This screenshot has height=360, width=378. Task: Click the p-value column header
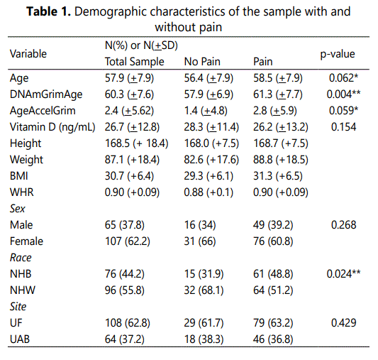point(338,54)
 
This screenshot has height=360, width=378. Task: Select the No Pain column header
point(202,62)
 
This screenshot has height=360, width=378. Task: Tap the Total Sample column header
point(135,62)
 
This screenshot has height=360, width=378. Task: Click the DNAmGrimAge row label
point(46,94)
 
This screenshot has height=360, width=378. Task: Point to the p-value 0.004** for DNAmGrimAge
point(343,94)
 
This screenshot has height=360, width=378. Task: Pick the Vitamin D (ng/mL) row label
point(52,127)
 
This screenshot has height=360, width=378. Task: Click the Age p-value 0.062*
point(343,78)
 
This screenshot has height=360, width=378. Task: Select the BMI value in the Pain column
point(278,176)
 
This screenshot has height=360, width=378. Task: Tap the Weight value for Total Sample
point(132,160)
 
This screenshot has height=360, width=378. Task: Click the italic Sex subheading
point(17,209)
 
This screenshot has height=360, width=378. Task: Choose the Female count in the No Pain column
point(200,241)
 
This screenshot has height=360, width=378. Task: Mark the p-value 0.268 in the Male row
point(343,225)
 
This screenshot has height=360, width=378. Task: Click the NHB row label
point(21,274)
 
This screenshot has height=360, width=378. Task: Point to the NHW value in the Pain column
point(273,290)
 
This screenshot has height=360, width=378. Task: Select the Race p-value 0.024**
point(343,274)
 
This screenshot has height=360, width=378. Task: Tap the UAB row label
point(20,339)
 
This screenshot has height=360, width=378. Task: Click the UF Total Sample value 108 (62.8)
point(128,323)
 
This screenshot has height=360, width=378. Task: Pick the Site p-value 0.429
point(343,323)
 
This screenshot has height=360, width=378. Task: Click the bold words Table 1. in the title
point(48,11)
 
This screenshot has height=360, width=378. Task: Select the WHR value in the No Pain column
point(209,192)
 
